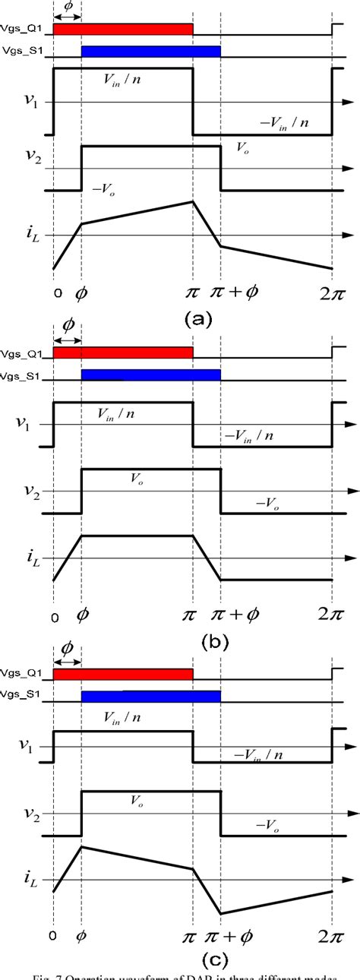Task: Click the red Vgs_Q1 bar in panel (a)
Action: point(123,30)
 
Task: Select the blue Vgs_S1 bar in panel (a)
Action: point(150,52)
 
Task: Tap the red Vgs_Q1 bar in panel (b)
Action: point(123,352)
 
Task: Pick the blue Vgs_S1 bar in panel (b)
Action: point(150,375)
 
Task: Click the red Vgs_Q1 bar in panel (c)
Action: point(123,674)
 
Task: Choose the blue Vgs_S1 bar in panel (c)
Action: point(150,696)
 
